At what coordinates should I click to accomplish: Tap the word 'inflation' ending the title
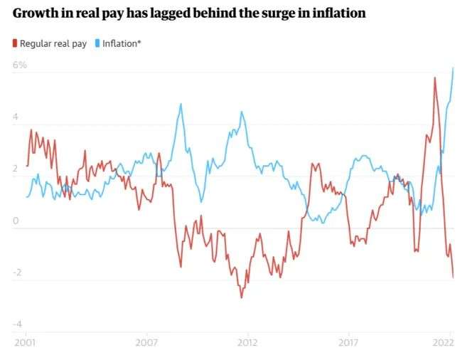[337, 14]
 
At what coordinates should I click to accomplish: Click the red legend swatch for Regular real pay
[15, 43]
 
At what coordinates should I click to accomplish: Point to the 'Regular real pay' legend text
[53, 43]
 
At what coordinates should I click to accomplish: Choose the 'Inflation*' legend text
[122, 43]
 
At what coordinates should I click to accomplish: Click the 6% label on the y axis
[19, 65]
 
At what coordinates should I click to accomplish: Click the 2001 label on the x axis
[26, 342]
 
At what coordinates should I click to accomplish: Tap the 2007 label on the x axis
[147, 342]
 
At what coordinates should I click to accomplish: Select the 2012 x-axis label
[247, 342]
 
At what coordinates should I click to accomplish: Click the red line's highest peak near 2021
[434, 78]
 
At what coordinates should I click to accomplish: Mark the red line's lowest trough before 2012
[241, 297]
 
